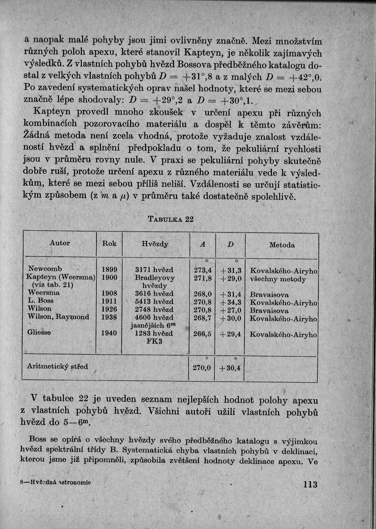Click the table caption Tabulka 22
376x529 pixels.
171,219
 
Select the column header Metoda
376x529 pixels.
282,245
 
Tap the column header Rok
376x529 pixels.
110,244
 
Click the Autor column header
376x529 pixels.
59,243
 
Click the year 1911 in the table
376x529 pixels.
110,301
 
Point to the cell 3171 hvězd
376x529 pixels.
154,270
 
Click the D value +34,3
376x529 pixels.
231,302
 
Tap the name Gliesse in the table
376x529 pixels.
40,333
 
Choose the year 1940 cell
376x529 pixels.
110,333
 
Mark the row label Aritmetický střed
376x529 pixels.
57,366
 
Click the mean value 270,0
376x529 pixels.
202,368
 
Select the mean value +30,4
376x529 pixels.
230,368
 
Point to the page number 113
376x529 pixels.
309,484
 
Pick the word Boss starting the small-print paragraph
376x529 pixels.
37,439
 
